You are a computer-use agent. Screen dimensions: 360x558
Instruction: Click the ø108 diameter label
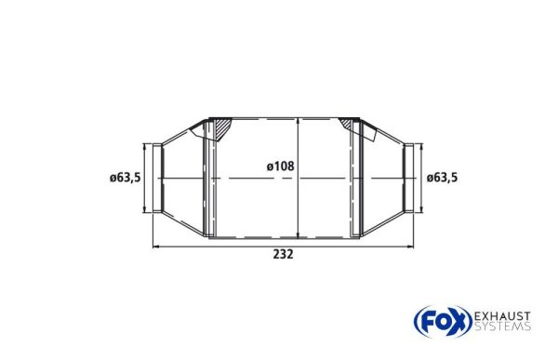click(280, 167)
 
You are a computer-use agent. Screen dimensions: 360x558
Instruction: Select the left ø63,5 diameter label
click(125, 178)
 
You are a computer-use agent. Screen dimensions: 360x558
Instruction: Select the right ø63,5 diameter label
click(443, 178)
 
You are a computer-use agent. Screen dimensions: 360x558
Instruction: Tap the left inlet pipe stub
click(159, 178)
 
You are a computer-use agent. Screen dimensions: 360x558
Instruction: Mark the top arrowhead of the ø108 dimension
click(298, 122)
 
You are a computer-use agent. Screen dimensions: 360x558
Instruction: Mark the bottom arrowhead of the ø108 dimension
click(298, 234)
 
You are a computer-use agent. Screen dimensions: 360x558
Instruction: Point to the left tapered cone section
click(185, 178)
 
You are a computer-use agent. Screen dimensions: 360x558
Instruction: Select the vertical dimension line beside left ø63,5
click(146, 178)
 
